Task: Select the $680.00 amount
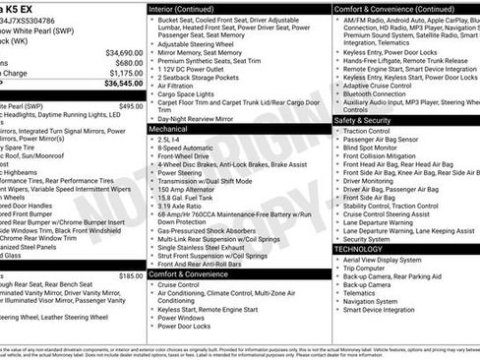[x=128, y=62]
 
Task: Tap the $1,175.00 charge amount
[x=125, y=72]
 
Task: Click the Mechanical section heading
[x=168, y=128]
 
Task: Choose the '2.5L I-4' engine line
[x=169, y=140]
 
